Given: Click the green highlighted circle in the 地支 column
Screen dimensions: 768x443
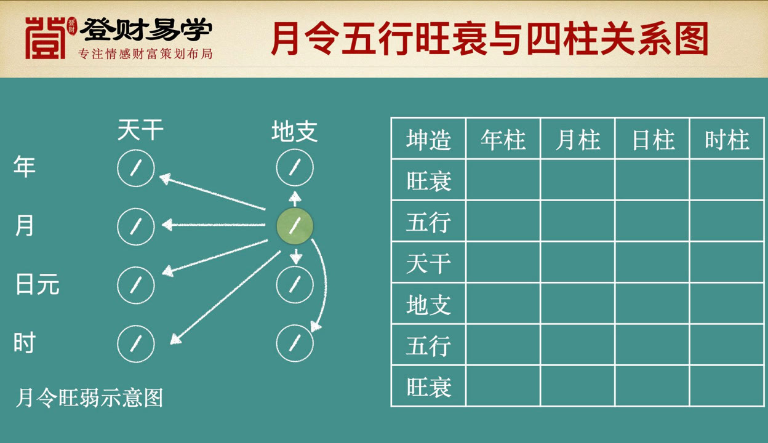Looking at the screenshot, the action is (295, 226).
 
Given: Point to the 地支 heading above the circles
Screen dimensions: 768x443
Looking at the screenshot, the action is (295, 131).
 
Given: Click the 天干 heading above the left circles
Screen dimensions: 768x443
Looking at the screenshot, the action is (140, 130).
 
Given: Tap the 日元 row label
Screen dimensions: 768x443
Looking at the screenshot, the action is (38, 284).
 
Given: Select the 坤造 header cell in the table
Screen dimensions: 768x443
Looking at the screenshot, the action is (428, 139).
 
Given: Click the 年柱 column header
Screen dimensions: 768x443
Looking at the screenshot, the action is (503, 139).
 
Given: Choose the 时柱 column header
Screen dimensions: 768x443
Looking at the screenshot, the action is (727, 139).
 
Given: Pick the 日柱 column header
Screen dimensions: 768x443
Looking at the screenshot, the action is (652, 139).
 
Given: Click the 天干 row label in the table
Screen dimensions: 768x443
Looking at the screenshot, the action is (428, 263).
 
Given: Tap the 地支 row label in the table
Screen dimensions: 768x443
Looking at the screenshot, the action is (428, 304).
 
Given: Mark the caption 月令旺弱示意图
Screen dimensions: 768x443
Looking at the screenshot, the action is (89, 397).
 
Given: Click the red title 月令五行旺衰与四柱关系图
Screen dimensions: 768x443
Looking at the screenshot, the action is (490, 38).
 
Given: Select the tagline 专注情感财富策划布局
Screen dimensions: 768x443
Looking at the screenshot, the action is (145, 54).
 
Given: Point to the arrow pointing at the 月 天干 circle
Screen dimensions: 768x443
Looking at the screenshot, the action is (214, 225).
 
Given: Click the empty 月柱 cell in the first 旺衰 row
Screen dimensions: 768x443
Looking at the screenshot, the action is (578, 180).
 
